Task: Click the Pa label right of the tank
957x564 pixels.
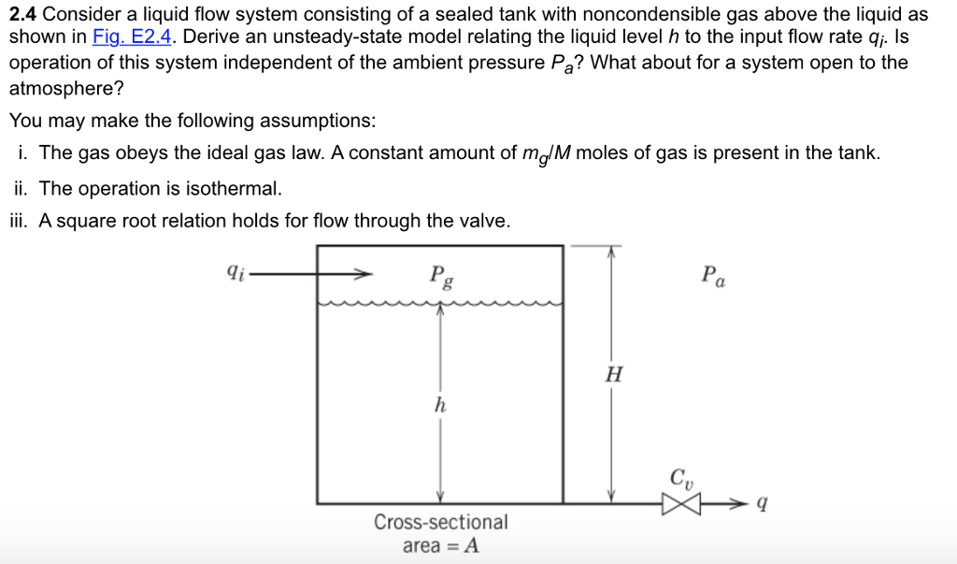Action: point(711,276)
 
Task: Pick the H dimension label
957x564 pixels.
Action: point(614,376)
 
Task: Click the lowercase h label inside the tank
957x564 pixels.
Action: point(440,406)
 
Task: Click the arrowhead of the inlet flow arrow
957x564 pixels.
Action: point(362,275)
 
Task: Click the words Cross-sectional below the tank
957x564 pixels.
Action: point(441,522)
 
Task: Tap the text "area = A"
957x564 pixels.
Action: point(441,546)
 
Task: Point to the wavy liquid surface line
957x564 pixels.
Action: point(440,303)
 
